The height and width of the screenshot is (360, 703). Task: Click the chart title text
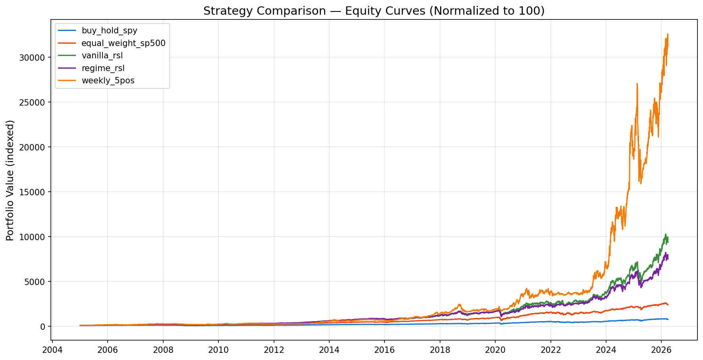pyautogui.click(x=374, y=11)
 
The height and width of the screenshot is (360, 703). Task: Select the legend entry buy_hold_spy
pyautogui.click(x=109, y=31)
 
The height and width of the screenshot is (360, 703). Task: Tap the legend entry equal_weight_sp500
pyautogui.click(x=124, y=43)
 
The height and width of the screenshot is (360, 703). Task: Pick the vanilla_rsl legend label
pyautogui.click(x=102, y=56)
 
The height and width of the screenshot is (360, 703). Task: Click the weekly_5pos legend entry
pyautogui.click(x=108, y=81)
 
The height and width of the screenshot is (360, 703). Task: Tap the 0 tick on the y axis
pyautogui.click(x=43, y=327)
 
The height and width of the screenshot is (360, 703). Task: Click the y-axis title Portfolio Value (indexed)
pyautogui.click(x=10, y=180)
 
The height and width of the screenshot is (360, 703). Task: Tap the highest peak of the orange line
pyautogui.click(x=668, y=34)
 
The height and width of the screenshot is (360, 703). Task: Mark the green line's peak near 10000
pyautogui.click(x=666, y=234)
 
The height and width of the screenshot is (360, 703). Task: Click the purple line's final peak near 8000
pyautogui.click(x=666, y=252)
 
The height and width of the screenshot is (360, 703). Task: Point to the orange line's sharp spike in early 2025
pyautogui.click(x=637, y=84)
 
